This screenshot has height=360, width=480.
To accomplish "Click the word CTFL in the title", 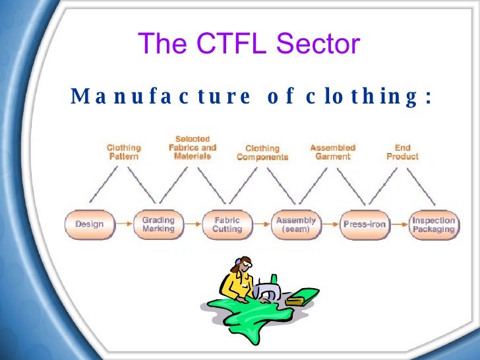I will click(x=226, y=44).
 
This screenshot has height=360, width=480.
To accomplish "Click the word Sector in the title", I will click(x=318, y=44).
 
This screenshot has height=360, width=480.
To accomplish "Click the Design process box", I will click(x=90, y=224).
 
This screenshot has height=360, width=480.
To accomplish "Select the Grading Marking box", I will click(x=158, y=224).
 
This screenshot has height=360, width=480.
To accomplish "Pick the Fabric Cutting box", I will click(x=227, y=224).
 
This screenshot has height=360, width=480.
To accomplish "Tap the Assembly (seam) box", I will click(x=296, y=224).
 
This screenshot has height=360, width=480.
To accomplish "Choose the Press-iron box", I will click(x=364, y=224).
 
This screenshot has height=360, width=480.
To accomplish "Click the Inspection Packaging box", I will click(x=433, y=224).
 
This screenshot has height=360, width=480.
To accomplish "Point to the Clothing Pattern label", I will click(x=124, y=152).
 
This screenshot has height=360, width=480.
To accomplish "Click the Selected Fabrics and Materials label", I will click(x=192, y=147).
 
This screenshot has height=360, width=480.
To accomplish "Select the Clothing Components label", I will click(x=262, y=153).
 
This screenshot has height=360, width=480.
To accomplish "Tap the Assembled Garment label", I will click(x=333, y=152).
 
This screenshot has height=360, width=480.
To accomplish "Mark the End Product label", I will click(x=402, y=152).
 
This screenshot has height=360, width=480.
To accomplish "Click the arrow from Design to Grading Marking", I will click(x=124, y=224).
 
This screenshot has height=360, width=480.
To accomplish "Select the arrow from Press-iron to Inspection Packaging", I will click(x=399, y=224).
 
